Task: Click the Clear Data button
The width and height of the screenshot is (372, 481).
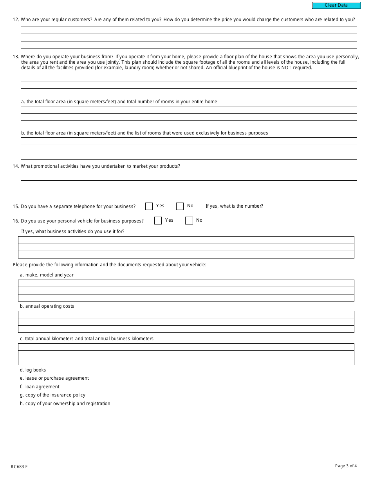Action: tap(336, 5)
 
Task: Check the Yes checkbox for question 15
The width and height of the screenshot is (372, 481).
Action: tap(149, 206)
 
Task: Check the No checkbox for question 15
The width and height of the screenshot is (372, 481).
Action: tap(180, 206)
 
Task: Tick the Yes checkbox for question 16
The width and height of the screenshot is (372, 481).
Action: tap(158, 221)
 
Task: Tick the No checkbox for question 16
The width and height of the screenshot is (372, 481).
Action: tap(189, 221)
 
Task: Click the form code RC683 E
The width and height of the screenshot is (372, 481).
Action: tap(19, 467)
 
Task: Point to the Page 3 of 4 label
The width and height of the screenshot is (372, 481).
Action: tap(346, 466)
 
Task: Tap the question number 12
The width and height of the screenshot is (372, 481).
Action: tap(16, 20)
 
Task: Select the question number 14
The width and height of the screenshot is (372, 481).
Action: tap(16, 166)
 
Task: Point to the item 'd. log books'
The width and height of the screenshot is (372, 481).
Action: tap(33, 370)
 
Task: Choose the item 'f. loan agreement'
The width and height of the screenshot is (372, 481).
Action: tap(40, 387)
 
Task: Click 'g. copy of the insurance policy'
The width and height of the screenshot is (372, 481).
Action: tap(52, 395)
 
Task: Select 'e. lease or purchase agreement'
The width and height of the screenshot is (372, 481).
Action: tap(54, 378)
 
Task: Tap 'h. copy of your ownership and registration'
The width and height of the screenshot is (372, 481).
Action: tap(65, 404)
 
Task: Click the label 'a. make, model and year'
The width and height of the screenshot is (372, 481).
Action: tap(47, 275)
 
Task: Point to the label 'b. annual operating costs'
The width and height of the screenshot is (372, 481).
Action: tap(47, 306)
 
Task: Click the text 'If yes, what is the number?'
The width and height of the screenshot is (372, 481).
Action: tap(234, 206)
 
